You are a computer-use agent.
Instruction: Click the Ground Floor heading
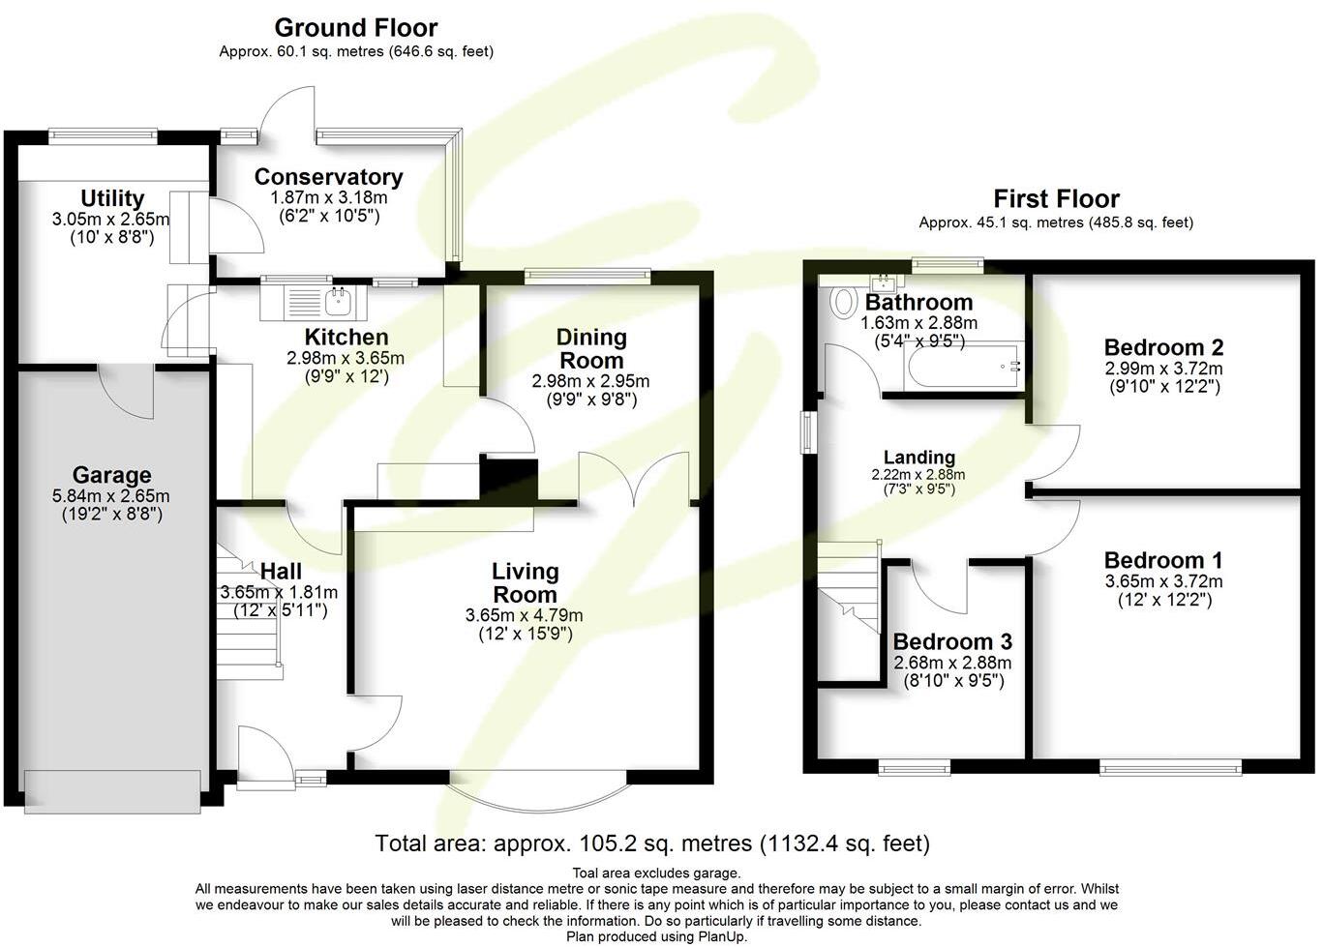point(355,28)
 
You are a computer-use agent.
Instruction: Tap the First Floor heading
point(1056,199)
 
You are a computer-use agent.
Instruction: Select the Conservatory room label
point(328,177)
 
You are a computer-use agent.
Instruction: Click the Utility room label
point(112,199)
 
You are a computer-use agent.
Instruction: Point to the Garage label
point(111,475)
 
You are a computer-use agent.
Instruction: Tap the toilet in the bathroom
point(843,301)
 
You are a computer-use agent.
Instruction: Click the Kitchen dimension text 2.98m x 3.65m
point(346,358)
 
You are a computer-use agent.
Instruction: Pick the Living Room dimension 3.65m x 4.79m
point(524,615)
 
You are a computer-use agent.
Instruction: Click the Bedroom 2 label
point(1163,347)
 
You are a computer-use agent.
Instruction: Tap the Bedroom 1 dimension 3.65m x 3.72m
point(1163,581)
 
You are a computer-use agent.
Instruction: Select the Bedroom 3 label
point(951,641)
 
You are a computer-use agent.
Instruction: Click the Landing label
point(918,458)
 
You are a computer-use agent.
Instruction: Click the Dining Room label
point(590,348)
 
